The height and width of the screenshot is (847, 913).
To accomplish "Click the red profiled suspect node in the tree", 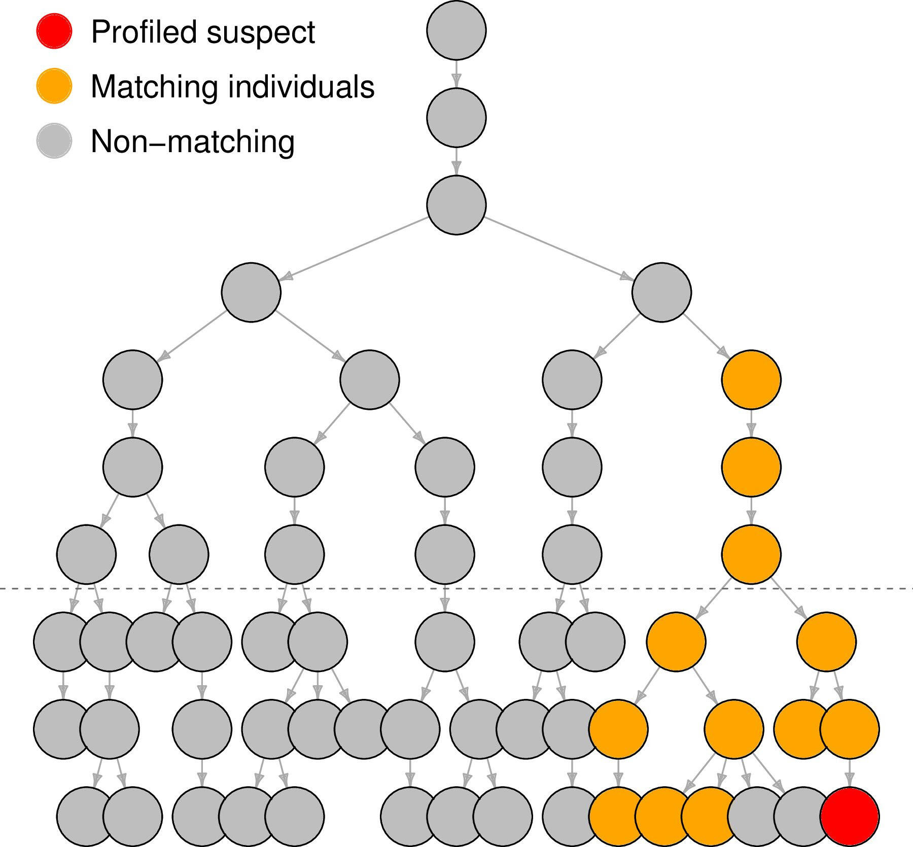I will coord(850,816).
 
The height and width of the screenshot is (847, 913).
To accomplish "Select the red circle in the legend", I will coord(54,31).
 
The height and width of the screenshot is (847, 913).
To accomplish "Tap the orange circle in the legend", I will coord(54,86).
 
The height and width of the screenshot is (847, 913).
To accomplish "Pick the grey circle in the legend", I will coord(54,140).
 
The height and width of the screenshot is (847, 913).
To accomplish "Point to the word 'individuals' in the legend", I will coord(301,87).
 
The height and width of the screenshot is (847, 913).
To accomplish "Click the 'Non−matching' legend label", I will coord(192,141).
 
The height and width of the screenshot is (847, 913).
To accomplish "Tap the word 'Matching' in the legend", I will coord(155,87).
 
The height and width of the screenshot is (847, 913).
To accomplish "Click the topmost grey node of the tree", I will coord(456,30).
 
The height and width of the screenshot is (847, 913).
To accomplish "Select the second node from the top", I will coord(456,117).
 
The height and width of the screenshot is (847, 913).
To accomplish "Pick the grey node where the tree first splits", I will coord(456,205).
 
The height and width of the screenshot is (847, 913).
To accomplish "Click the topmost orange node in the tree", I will coord(751,379).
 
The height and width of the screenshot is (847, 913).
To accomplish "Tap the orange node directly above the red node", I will coord(850,729).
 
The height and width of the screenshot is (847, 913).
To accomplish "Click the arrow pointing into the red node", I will coord(850,773).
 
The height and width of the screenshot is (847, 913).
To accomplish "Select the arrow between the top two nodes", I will coord(456,74).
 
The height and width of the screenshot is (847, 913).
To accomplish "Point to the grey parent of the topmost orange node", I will coord(661,292).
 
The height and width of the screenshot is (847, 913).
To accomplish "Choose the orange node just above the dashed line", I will coord(751,554).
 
